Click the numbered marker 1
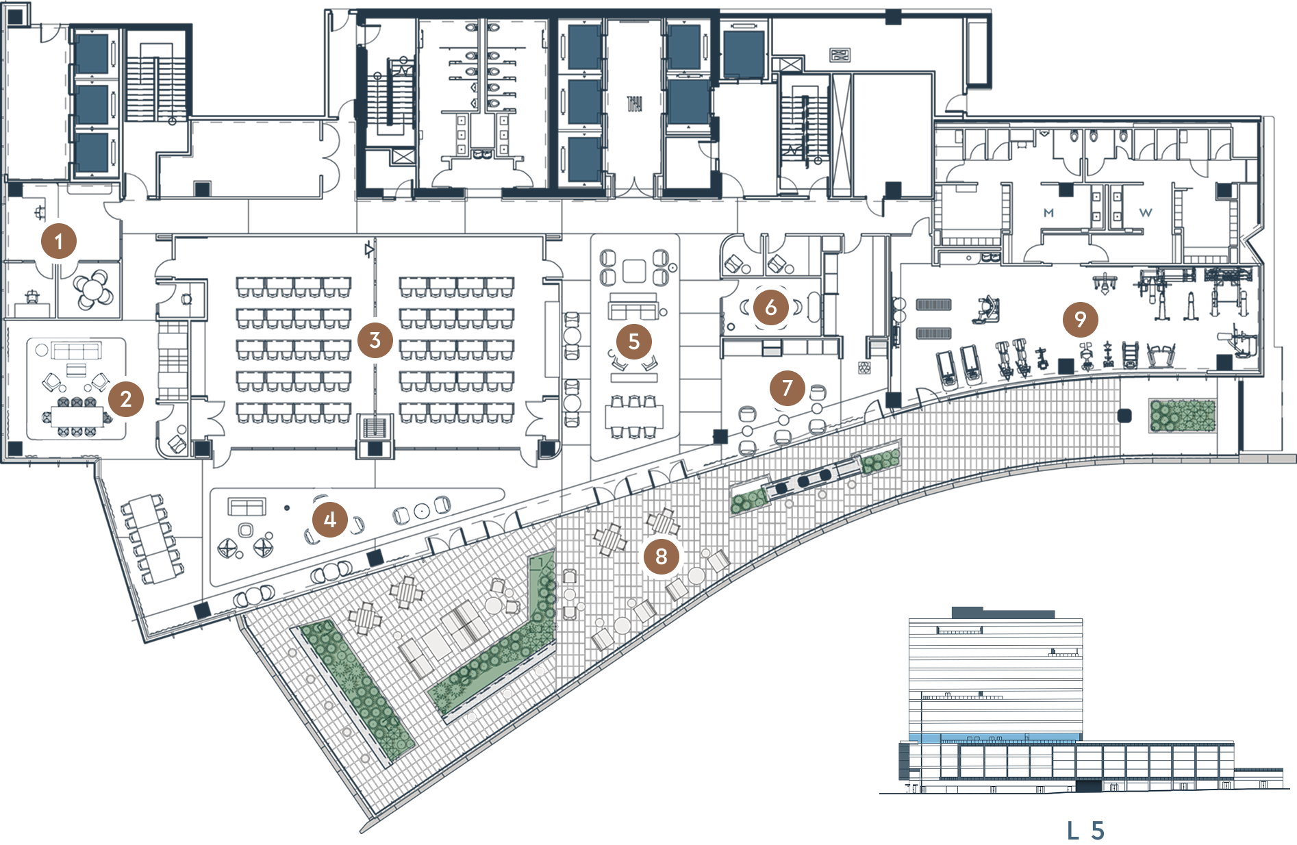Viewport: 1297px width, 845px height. [58, 241]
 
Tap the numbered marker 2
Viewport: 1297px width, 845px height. [125, 399]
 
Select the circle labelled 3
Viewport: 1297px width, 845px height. [374, 340]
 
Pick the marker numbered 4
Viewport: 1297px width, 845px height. [329, 520]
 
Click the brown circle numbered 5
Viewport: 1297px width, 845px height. [633, 341]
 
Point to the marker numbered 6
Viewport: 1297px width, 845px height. [770, 307]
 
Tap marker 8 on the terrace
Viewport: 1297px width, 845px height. [661, 556]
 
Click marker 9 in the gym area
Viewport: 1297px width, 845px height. [1080, 319]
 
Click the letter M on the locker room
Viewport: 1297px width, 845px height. [1048, 214]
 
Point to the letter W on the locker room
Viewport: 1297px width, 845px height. [1145, 214]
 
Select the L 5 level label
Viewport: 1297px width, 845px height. [1085, 831]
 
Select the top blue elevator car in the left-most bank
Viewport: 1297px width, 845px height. [92, 54]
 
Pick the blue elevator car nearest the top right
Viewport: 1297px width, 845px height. [743, 53]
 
